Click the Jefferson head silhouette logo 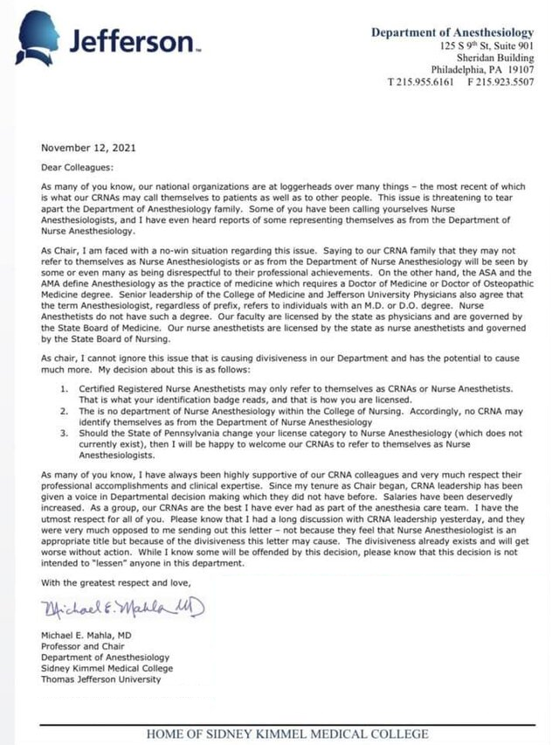(x=40, y=37)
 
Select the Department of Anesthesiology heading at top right (x=452, y=32)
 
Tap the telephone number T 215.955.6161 (x=422, y=80)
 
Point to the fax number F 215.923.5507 (x=499, y=80)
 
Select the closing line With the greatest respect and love (x=121, y=582)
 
